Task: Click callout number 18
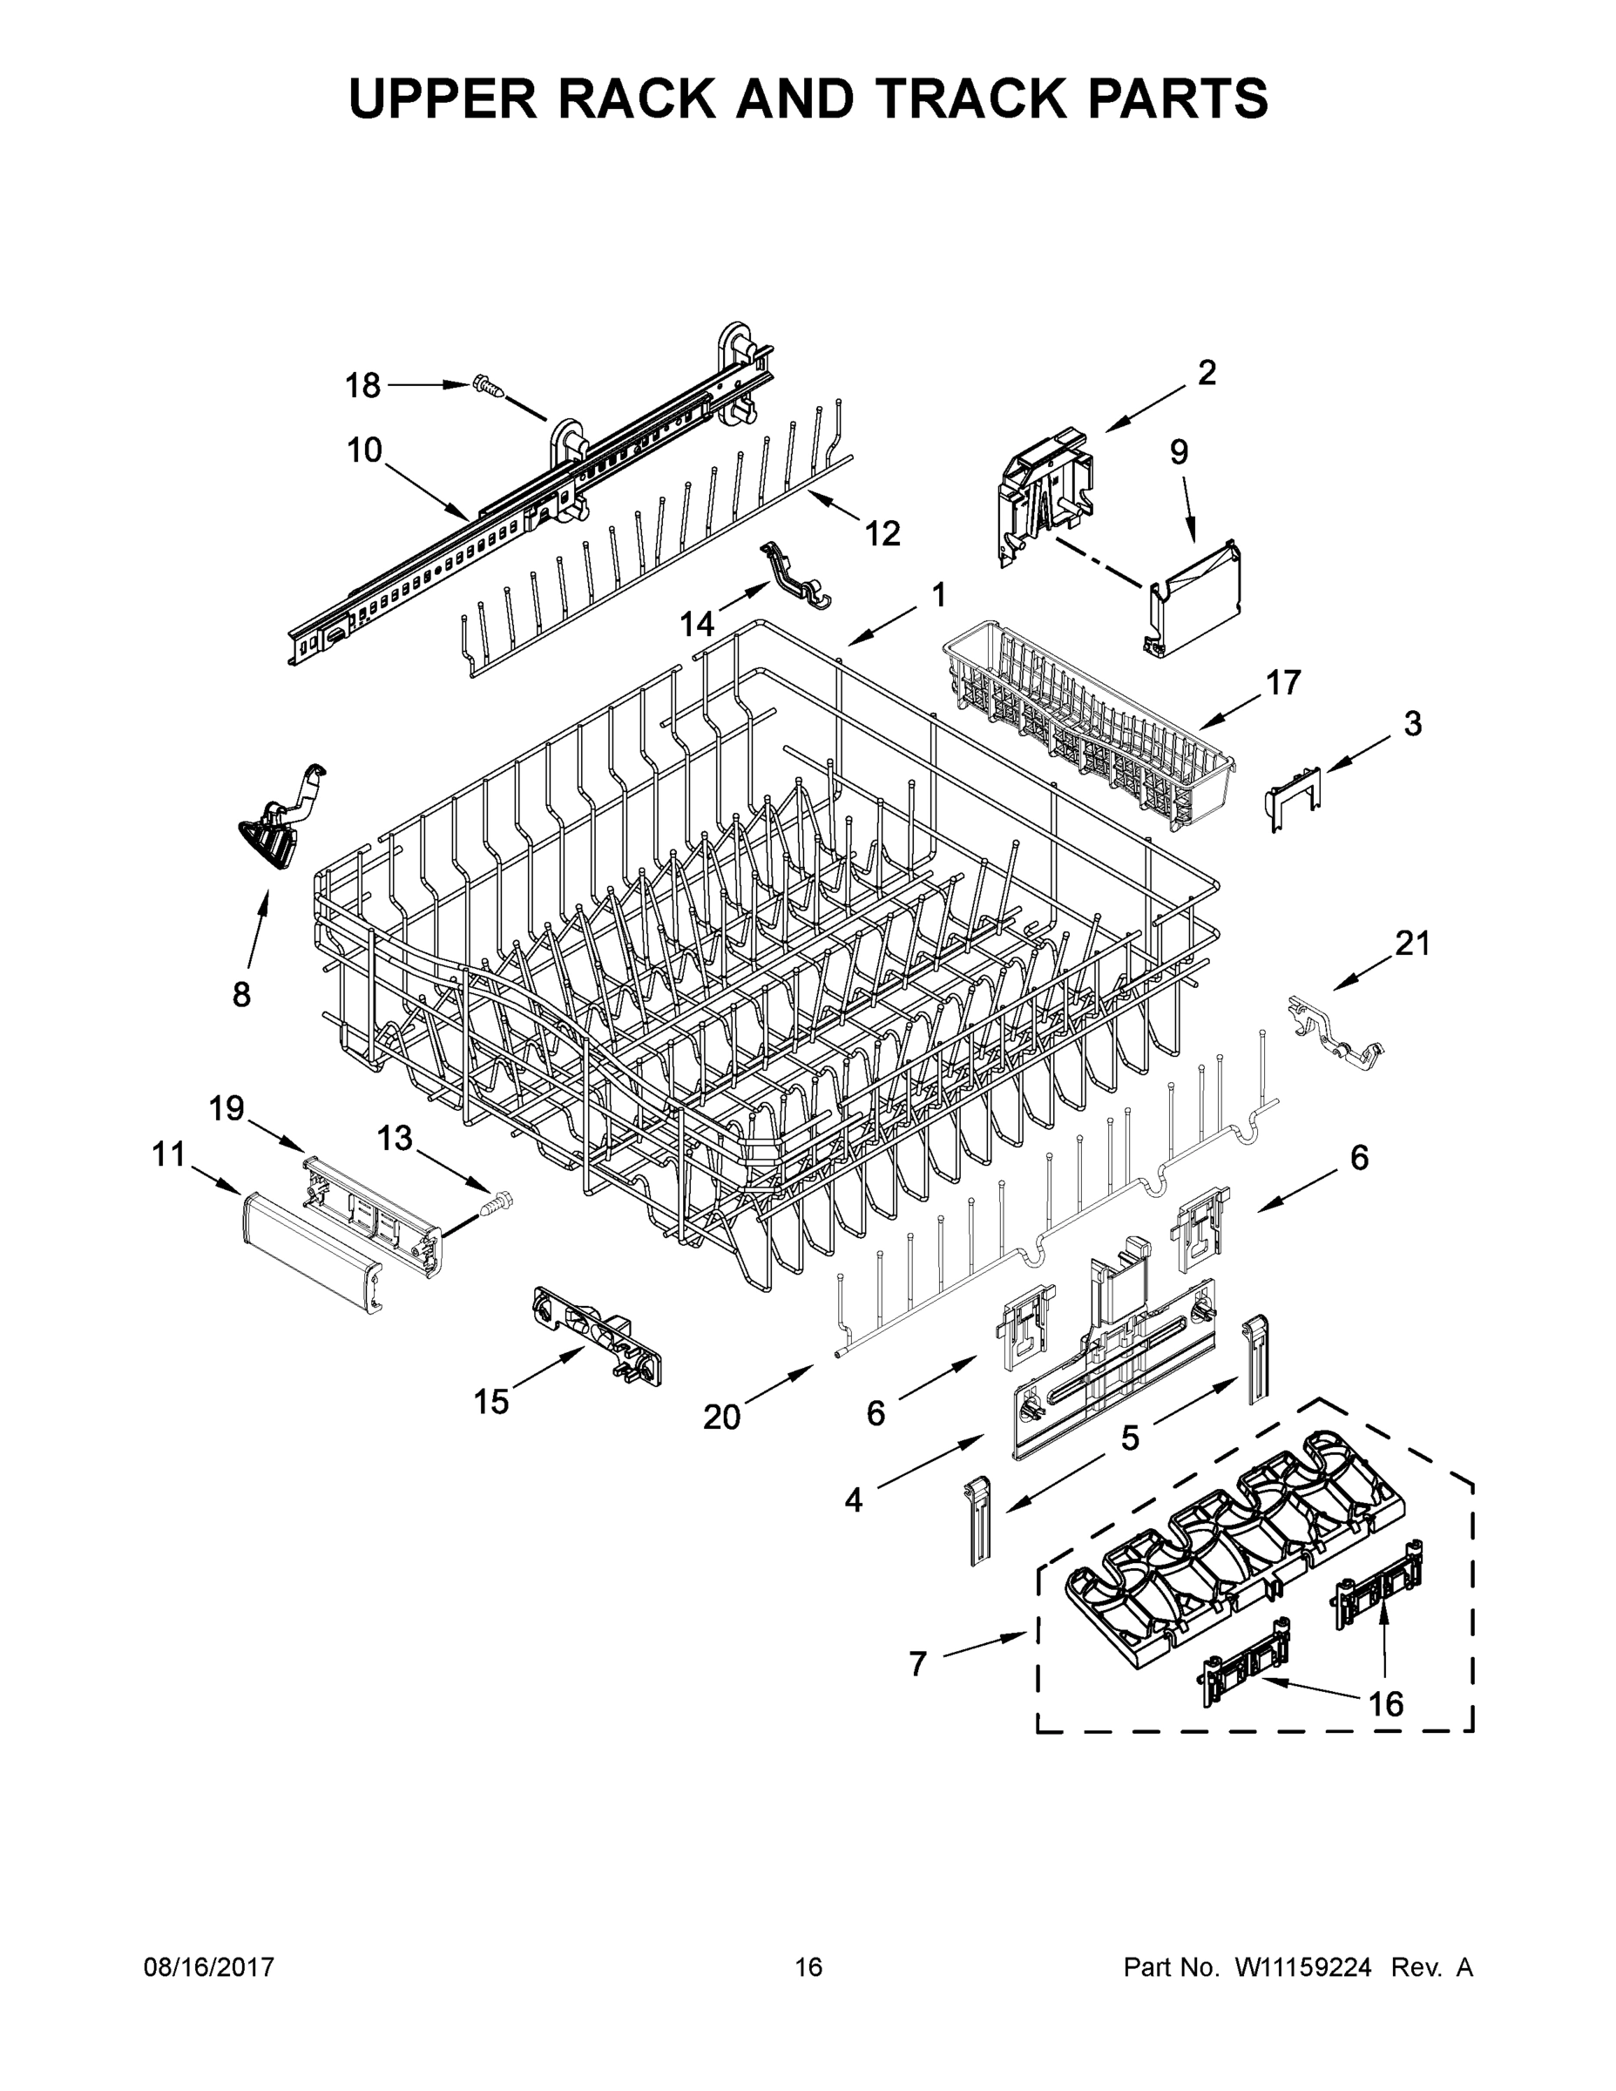[362, 386]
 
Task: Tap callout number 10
[365, 450]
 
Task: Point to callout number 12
[882, 533]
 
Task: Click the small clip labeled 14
[794, 575]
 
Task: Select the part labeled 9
[1200, 599]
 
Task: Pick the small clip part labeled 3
[1294, 798]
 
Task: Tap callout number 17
[1284, 683]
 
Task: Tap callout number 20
[722, 1417]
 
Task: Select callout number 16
[1385, 1703]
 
